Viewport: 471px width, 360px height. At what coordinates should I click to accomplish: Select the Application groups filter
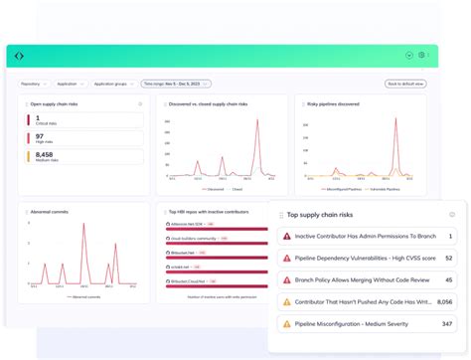(x=113, y=85)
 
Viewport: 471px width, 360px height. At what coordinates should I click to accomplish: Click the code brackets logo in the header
(x=19, y=56)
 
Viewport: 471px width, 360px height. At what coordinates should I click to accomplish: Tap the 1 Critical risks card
(x=83, y=120)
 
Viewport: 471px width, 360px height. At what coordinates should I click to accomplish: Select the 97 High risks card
(x=83, y=139)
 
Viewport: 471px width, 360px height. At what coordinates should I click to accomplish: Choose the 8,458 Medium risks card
(x=83, y=157)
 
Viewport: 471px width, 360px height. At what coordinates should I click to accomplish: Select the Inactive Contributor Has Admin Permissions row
(x=368, y=237)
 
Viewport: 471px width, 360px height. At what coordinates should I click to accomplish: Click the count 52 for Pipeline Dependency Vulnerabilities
(x=448, y=259)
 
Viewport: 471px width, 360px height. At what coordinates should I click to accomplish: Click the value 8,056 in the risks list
(x=444, y=302)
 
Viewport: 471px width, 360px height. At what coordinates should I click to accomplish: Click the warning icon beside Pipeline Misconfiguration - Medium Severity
(x=287, y=324)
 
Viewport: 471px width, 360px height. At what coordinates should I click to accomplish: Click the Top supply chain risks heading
(x=320, y=215)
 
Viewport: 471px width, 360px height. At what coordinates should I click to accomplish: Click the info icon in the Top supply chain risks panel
(x=452, y=215)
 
